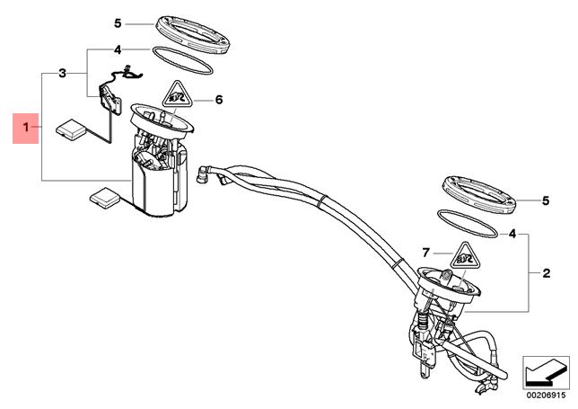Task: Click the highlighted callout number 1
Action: pos(25,128)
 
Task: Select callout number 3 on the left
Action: pos(62,73)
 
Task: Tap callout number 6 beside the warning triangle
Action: pos(219,100)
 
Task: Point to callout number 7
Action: pos(426,253)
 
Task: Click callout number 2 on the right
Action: pos(547,273)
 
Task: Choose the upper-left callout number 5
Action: pos(118,23)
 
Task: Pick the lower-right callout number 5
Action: pos(546,200)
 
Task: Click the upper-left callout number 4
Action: pos(118,49)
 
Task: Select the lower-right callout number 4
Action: pos(512,234)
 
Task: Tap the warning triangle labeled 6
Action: pos(178,94)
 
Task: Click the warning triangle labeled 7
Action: pos(465,256)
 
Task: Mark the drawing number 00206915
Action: pos(546,396)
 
